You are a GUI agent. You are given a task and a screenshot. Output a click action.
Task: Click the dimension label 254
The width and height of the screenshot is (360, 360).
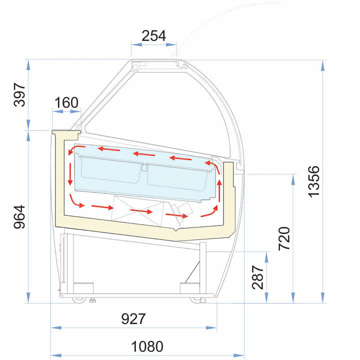click(153, 36)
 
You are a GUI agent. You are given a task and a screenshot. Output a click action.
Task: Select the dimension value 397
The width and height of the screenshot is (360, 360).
click(19, 95)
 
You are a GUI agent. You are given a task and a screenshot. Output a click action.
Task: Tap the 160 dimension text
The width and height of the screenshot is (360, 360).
click(66, 102)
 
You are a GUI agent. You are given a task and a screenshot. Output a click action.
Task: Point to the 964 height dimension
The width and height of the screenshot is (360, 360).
click(19, 217)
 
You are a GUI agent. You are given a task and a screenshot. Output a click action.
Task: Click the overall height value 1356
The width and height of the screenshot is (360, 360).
click(313, 181)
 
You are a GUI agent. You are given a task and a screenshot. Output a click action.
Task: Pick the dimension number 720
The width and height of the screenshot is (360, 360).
click(284, 238)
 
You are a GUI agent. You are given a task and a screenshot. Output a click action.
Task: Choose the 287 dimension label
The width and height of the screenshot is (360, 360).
click(257, 277)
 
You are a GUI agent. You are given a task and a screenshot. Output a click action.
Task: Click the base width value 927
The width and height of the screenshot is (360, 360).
click(133, 318)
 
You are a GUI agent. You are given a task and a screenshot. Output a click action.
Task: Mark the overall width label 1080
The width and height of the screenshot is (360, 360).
click(147, 346)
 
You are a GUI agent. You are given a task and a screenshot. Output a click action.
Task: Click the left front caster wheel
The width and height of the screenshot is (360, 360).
click(79, 300)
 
